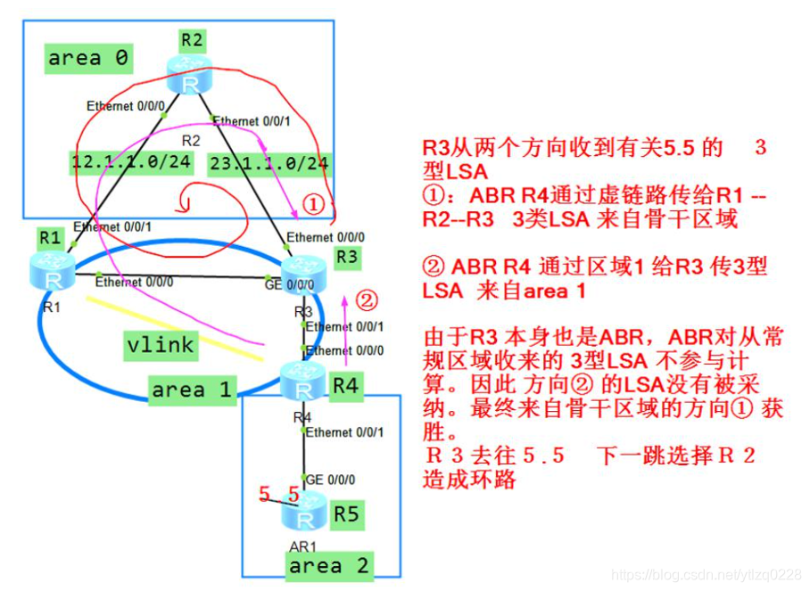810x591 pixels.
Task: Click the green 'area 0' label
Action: (x=88, y=59)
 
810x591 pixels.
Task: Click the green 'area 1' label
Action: (x=192, y=390)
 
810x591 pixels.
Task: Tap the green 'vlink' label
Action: (x=161, y=344)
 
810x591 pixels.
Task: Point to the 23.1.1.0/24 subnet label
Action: (x=268, y=163)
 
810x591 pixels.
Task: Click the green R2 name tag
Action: (x=191, y=39)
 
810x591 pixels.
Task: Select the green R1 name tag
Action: (x=50, y=238)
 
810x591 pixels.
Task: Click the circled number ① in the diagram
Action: (x=311, y=204)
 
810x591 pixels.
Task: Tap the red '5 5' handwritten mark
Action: (x=277, y=493)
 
